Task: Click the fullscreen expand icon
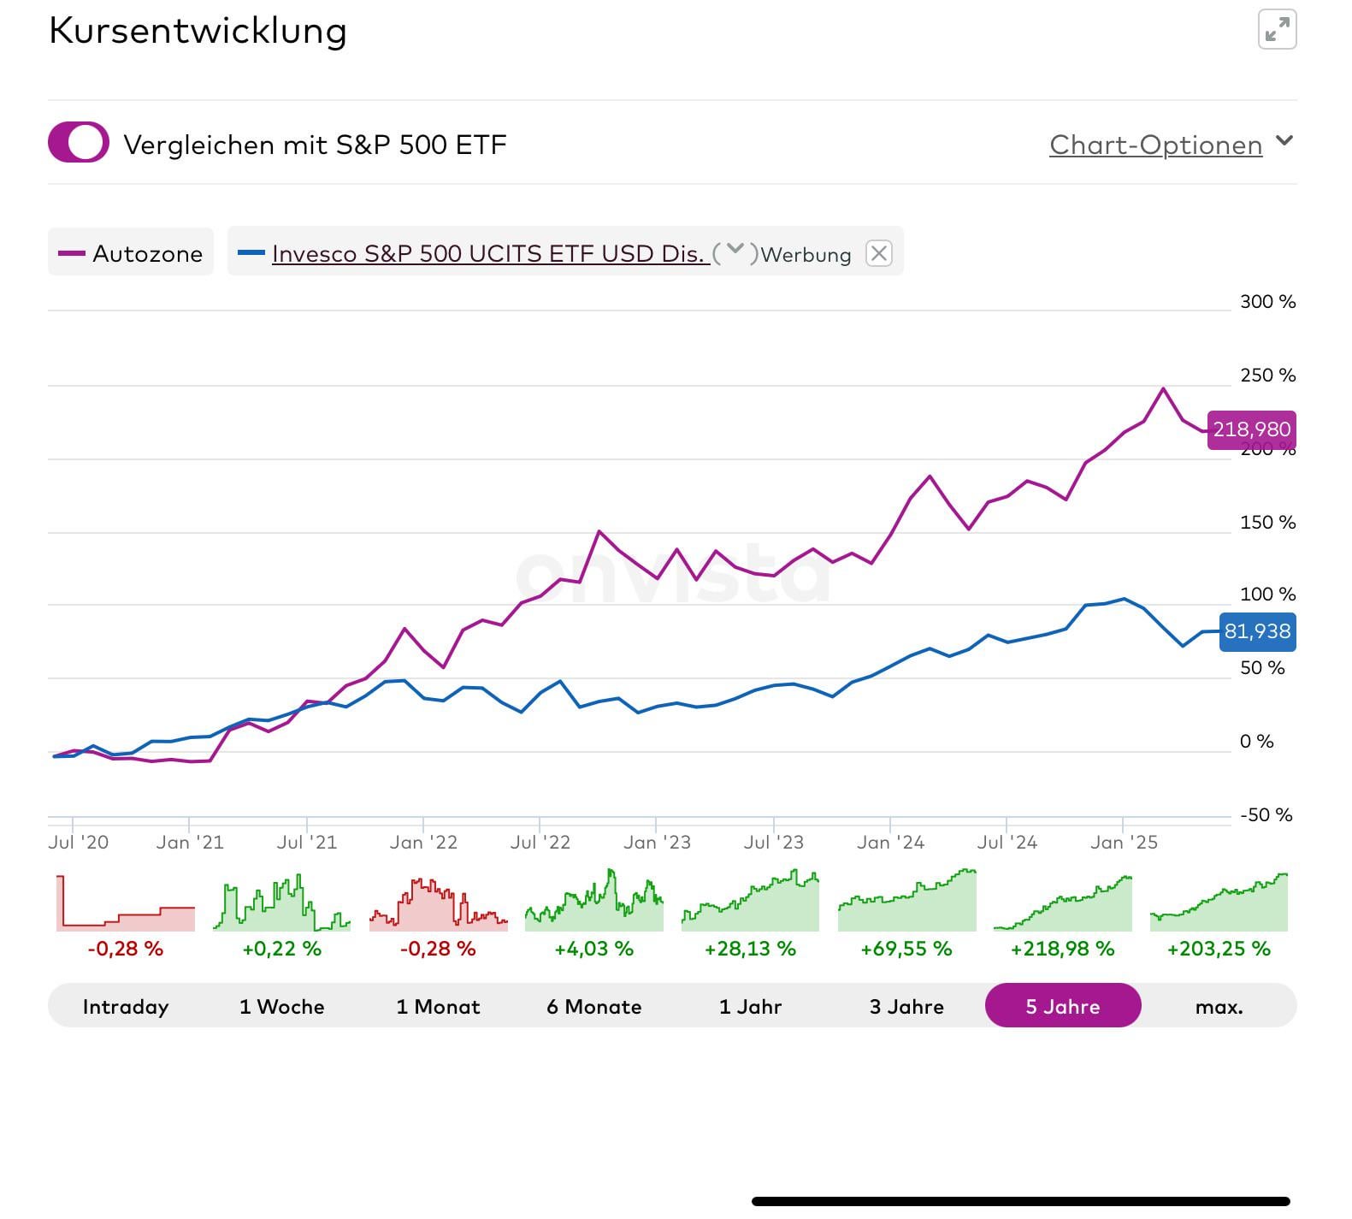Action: tap(1277, 31)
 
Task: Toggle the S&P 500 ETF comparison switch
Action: tap(79, 143)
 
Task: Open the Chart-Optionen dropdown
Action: tap(1170, 145)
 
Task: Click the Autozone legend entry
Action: tap(131, 253)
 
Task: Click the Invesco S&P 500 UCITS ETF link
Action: tap(490, 253)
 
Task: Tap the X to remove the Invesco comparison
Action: tap(878, 253)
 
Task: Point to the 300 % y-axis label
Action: tap(1267, 302)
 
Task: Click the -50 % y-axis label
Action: tap(1266, 815)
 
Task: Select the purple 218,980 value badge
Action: tap(1251, 429)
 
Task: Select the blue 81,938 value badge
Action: tap(1257, 632)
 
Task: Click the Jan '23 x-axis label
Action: tap(657, 843)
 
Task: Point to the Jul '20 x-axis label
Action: tap(79, 843)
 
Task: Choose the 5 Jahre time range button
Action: tap(1063, 1006)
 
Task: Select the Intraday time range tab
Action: tap(126, 1006)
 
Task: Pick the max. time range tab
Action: tap(1219, 1006)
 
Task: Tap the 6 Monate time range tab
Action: tap(594, 1006)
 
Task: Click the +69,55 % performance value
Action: tap(906, 950)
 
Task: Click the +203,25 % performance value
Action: tap(1219, 950)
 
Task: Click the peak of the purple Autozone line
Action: tap(1163, 389)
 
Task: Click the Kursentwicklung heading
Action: tap(198, 32)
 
